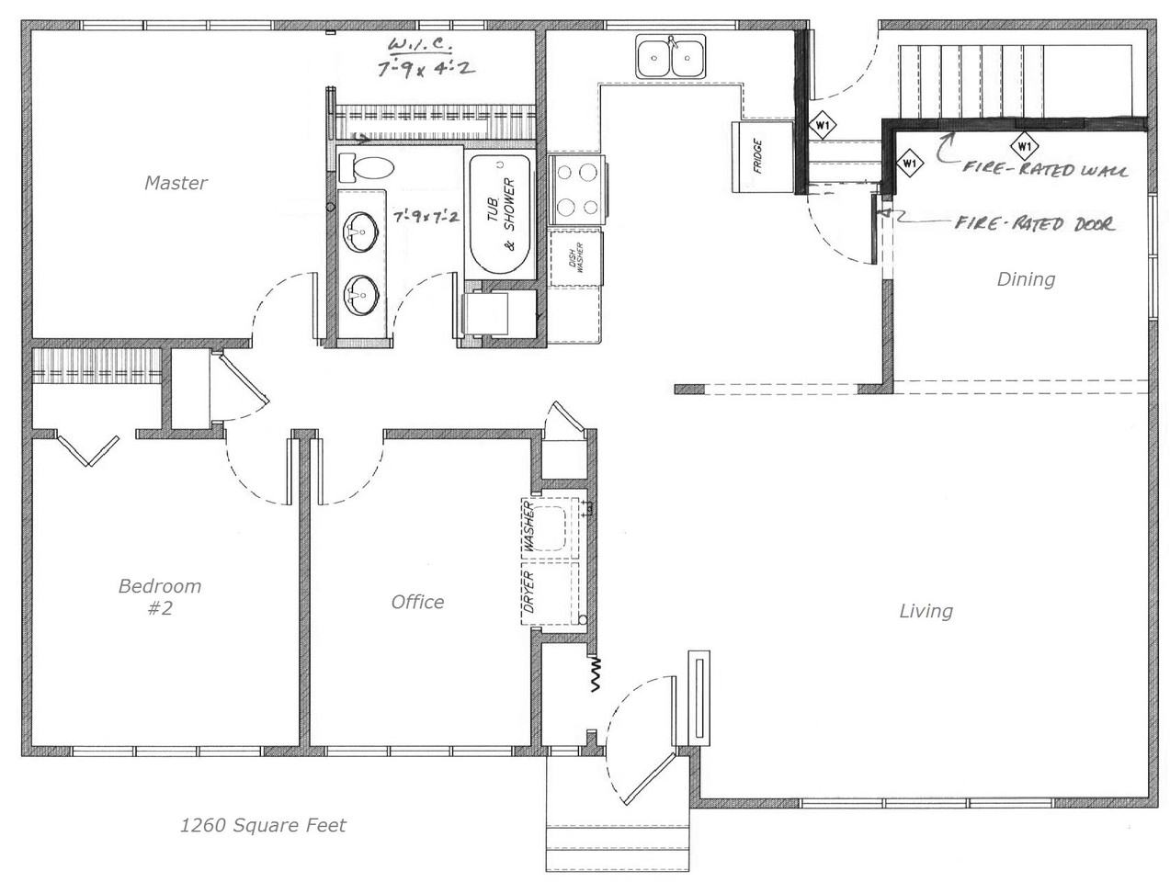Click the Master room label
tap(176, 183)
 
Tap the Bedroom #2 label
tap(160, 596)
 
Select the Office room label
tap(417, 602)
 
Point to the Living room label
tap(926, 611)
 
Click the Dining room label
tap(1026, 279)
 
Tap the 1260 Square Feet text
tap(263, 826)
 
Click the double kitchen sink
tap(671, 55)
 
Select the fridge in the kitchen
tap(762, 157)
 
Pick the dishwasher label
tap(576, 258)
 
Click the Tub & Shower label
tap(502, 214)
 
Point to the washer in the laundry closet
tap(549, 527)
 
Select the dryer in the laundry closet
tap(549, 593)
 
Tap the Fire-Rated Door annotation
tap(1034, 222)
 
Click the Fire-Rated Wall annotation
tap(1045, 169)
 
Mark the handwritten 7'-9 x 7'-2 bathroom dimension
tap(426, 215)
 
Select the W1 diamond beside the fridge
tap(823, 125)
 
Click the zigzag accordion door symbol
tap(596, 673)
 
